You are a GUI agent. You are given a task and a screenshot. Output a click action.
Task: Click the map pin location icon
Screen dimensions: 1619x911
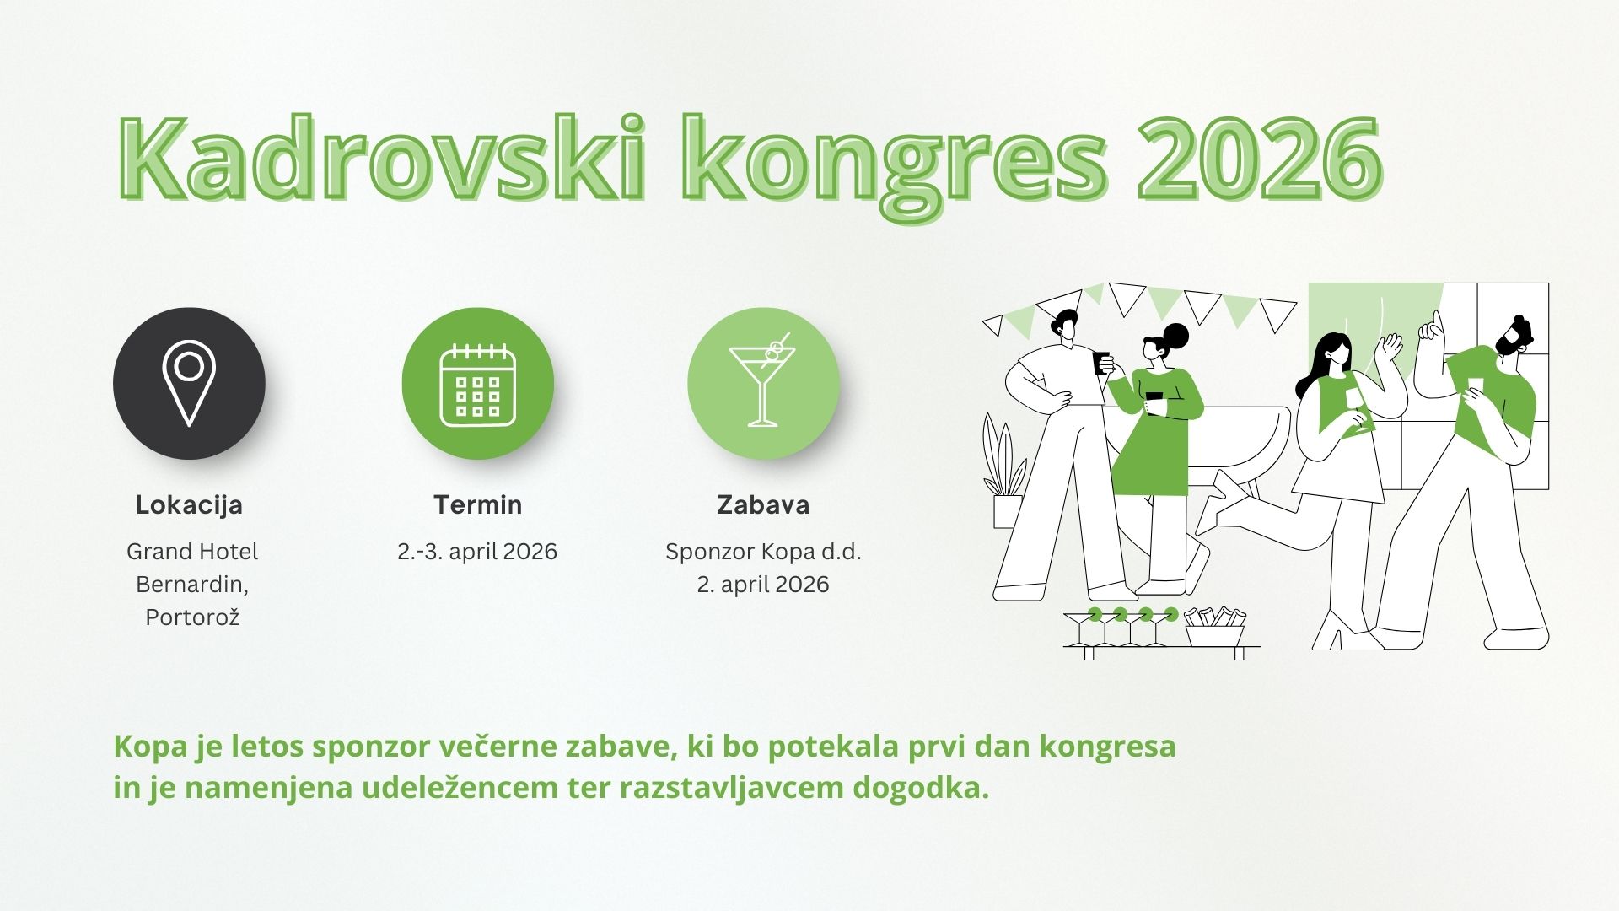tap(189, 383)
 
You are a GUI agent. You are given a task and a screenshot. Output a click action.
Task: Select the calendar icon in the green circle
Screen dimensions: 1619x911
tap(477, 384)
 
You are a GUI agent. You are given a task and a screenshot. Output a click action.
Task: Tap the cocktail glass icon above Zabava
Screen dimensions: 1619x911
tap(763, 380)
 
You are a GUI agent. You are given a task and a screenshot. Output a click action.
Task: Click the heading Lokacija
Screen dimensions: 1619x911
tap(189, 505)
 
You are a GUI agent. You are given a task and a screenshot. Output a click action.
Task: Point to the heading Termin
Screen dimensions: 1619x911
tap(477, 504)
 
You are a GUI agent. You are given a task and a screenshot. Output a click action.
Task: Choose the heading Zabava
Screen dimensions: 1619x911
tap(763, 504)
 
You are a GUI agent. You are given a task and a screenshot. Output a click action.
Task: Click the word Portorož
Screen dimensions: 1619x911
tap(192, 617)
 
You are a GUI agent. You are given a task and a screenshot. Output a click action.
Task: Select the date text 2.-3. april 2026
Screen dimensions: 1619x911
tap(477, 552)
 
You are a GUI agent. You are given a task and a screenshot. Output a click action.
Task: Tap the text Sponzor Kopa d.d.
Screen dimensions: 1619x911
tap(763, 552)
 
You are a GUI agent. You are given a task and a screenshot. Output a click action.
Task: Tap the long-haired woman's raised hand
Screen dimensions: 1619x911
tap(1387, 346)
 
